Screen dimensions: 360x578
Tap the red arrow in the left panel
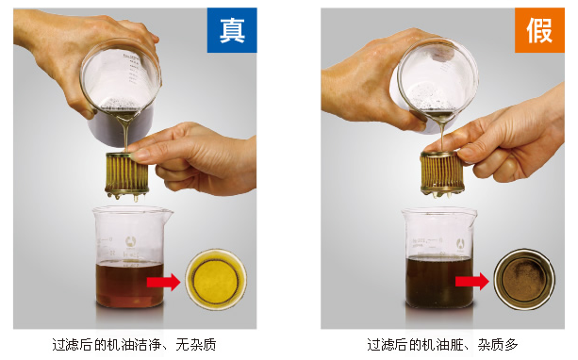pyautogui.click(x=162, y=280)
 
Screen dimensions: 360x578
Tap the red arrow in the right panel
pyautogui.click(x=471, y=280)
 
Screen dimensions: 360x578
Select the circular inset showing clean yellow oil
pyautogui.click(x=215, y=280)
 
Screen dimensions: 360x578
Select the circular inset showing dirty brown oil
pyautogui.click(x=524, y=280)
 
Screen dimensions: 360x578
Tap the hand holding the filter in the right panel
pyautogui.click(x=509, y=141)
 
